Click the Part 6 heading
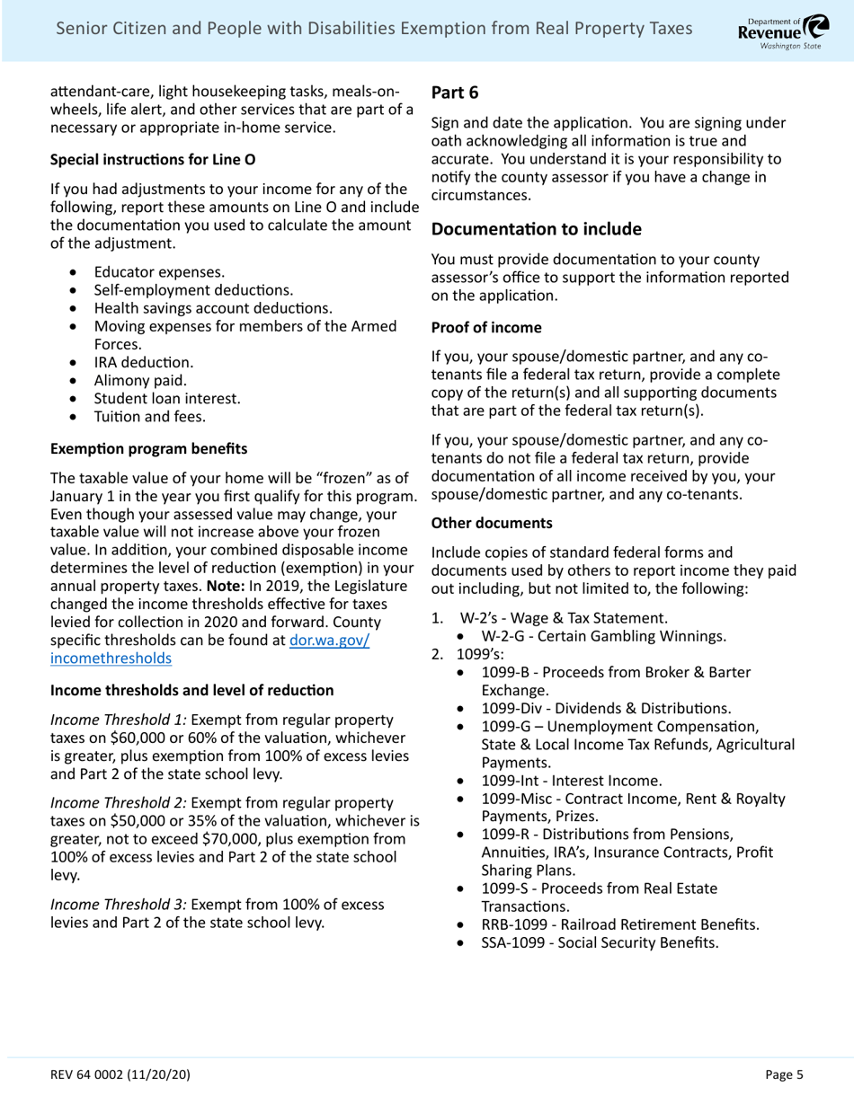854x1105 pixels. tap(455, 93)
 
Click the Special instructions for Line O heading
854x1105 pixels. tap(153, 160)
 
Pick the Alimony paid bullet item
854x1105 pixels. tap(140, 381)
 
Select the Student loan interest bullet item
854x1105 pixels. tap(167, 399)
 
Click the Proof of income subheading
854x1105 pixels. tap(486, 327)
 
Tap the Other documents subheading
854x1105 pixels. tap(492, 523)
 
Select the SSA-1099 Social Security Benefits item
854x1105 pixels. tap(600, 942)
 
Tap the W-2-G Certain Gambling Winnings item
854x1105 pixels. tap(603, 636)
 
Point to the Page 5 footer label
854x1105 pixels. tap(784, 1074)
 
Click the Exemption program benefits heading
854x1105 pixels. tap(148, 448)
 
